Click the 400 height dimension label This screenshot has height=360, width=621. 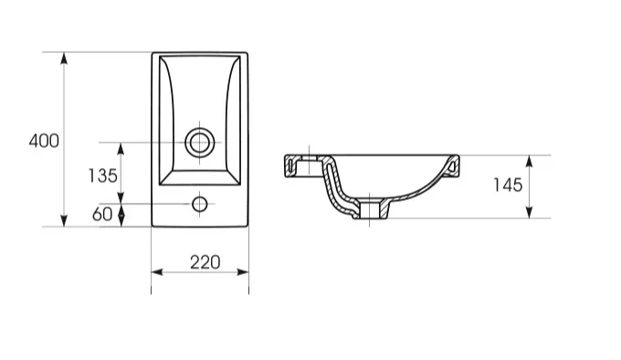click(x=44, y=141)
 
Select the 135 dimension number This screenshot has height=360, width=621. click(x=102, y=175)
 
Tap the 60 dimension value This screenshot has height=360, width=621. click(x=102, y=214)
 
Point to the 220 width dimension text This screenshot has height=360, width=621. click(x=205, y=262)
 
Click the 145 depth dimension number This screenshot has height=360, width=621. click(x=508, y=185)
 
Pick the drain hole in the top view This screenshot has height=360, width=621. click(x=200, y=143)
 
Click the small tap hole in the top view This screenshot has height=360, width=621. click(x=200, y=204)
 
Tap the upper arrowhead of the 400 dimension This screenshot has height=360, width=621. click(x=64, y=58)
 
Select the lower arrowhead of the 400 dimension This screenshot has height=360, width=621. click(x=64, y=220)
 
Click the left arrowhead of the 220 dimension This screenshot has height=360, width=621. click(x=157, y=271)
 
